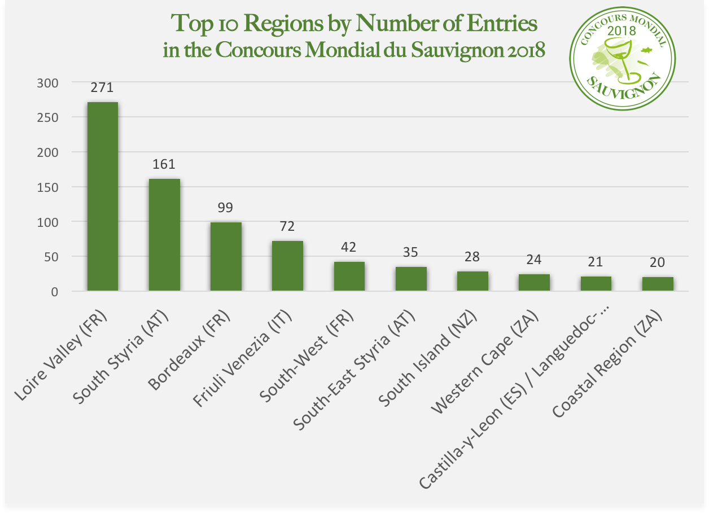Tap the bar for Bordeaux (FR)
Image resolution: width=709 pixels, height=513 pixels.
[226, 257]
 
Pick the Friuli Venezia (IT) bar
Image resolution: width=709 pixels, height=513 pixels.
[287, 266]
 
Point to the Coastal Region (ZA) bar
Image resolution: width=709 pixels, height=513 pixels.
[658, 284]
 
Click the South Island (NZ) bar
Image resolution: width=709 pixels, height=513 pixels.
[472, 281]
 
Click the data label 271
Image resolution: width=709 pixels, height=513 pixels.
[102, 87]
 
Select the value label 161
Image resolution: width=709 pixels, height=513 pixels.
[164, 164]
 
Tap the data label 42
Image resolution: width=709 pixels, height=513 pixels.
[349, 247]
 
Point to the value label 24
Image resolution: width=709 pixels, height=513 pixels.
[534, 260]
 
